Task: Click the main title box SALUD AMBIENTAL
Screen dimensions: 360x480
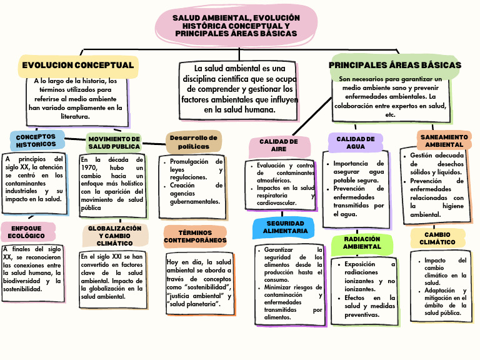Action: tap(236, 26)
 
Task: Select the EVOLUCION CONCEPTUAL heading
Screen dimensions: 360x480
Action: tap(78, 66)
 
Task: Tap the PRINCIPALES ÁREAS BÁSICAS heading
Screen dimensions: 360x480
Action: tap(395, 65)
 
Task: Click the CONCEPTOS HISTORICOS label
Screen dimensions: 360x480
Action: tap(36, 141)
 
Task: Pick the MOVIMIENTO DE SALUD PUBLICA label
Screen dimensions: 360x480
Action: tap(114, 142)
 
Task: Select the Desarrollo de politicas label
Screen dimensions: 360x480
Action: tap(194, 142)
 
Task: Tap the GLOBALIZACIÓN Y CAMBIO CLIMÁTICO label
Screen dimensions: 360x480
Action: tap(114, 236)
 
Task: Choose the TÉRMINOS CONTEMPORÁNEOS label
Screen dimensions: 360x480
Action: tap(195, 236)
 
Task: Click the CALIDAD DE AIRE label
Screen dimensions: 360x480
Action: tap(279, 146)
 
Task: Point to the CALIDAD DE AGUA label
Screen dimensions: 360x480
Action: tap(356, 142)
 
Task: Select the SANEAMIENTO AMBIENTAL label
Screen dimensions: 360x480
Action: tap(444, 141)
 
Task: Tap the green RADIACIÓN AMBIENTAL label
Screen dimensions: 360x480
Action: tap(362, 242)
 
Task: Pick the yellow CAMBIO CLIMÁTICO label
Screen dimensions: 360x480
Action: tap(437, 238)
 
